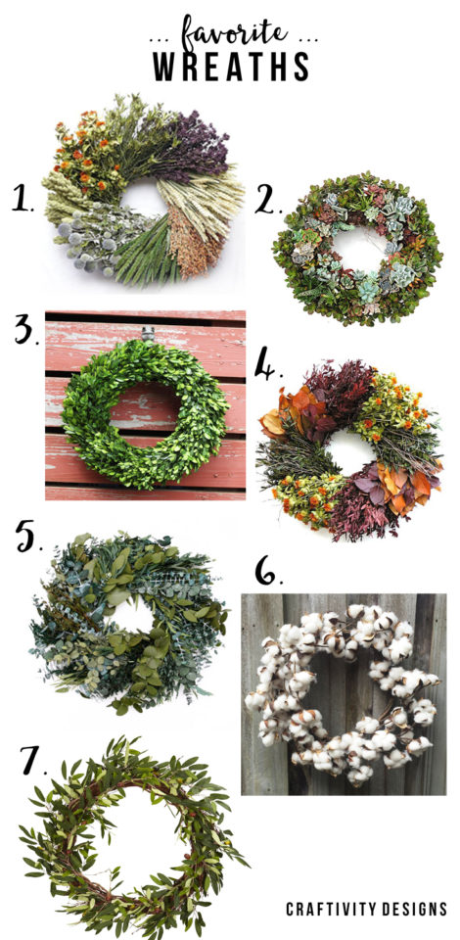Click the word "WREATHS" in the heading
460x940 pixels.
click(231, 67)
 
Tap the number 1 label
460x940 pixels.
click(23, 200)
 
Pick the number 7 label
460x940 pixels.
click(32, 760)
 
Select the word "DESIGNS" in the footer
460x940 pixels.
click(415, 909)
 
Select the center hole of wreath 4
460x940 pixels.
click(349, 451)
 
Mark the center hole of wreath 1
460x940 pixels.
click(144, 200)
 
